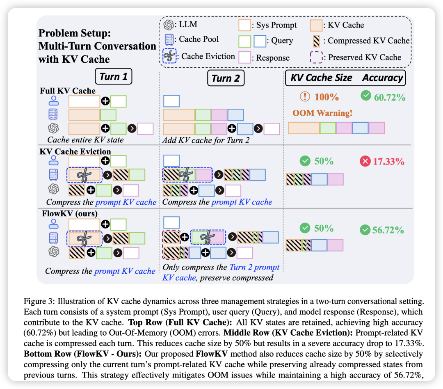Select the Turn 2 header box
click(x=226, y=78)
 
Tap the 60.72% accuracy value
click(x=389, y=97)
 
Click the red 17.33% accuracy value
click(x=388, y=161)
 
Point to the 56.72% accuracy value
click(x=388, y=230)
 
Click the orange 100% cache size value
click(x=327, y=97)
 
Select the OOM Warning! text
click(x=322, y=113)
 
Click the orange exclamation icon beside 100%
click(x=305, y=97)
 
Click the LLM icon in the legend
click(x=169, y=25)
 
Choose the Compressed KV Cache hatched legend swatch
click(x=317, y=41)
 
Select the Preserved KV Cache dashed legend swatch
click(x=316, y=57)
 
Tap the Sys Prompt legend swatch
click(x=245, y=25)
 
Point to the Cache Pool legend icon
click(x=169, y=39)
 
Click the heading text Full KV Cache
click(x=68, y=91)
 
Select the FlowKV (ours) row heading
click(x=70, y=214)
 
